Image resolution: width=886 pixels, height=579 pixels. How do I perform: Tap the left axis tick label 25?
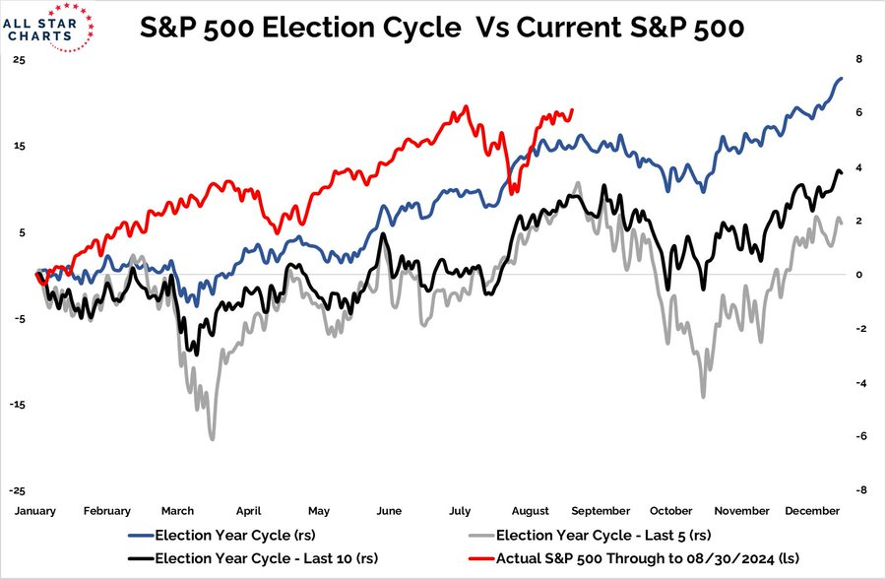point(20,59)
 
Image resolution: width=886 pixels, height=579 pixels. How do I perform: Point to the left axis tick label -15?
point(20,405)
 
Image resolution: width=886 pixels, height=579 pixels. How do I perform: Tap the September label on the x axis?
point(600,511)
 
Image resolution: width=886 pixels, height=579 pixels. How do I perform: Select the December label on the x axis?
point(811,511)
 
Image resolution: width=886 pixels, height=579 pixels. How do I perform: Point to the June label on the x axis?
point(389,511)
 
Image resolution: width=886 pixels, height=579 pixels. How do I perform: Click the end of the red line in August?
point(573,110)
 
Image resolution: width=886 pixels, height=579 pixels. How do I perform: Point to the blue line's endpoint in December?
point(842,78)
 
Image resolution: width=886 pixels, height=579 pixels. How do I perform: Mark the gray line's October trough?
point(703,397)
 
